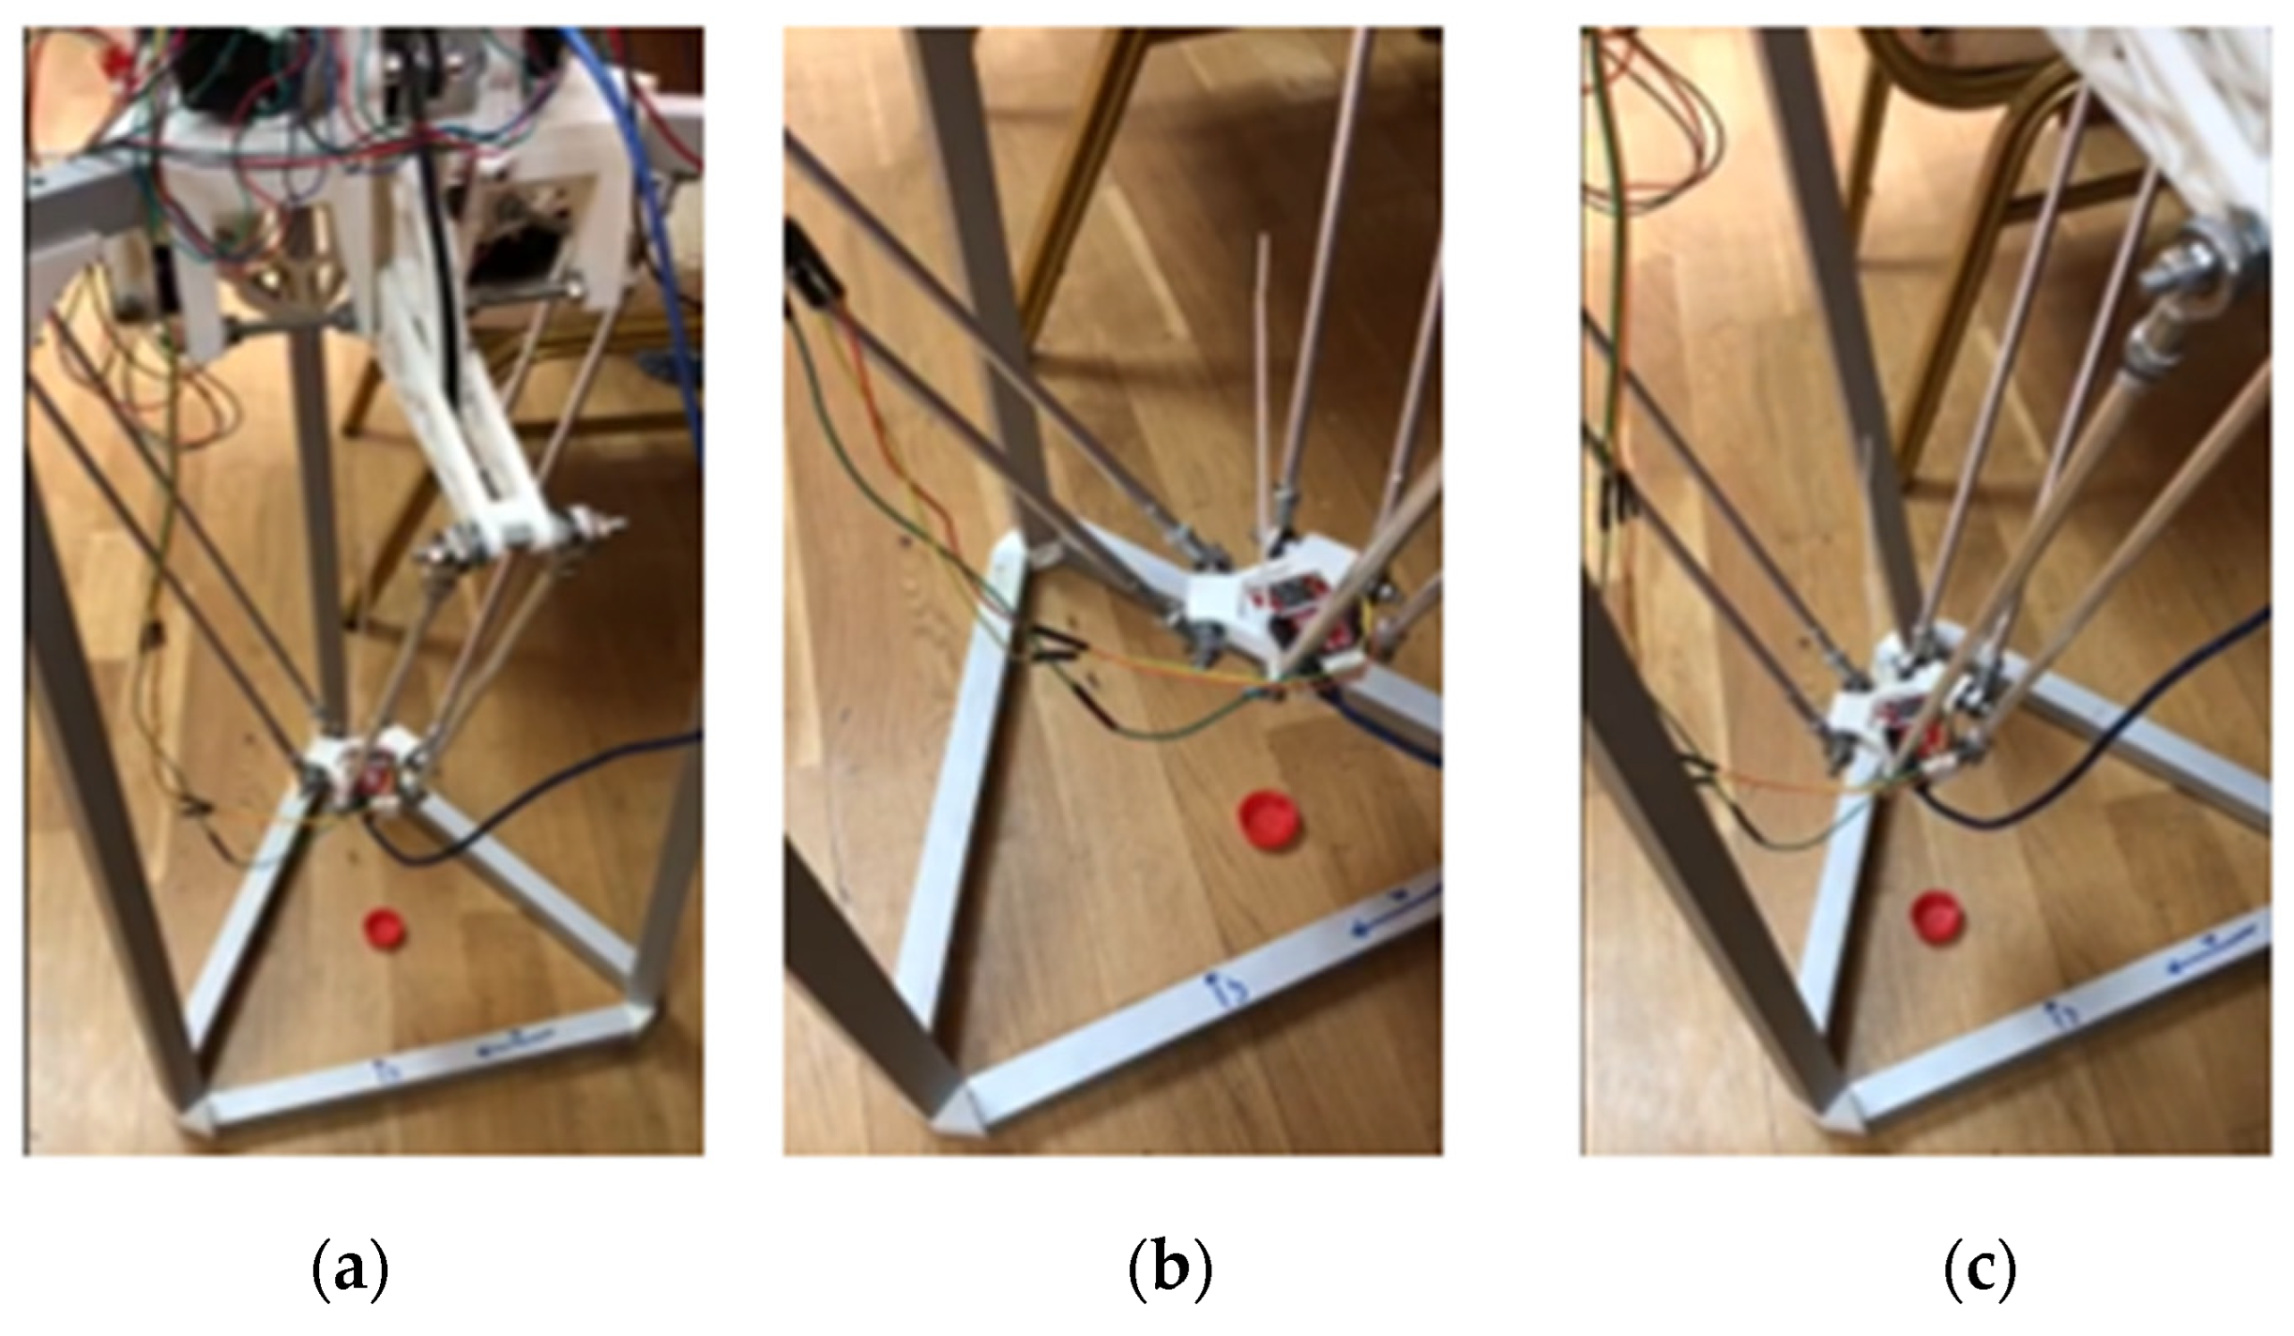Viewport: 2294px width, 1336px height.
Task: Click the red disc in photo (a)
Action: pos(386,927)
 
